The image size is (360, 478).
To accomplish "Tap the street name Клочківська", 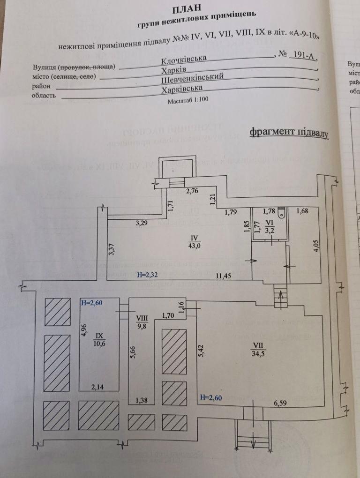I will coord(184,60).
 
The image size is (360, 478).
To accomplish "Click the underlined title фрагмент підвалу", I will coord(289,133).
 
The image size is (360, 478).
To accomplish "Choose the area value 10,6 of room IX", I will coord(99,343).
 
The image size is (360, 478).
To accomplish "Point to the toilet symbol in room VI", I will coord(281,214).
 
